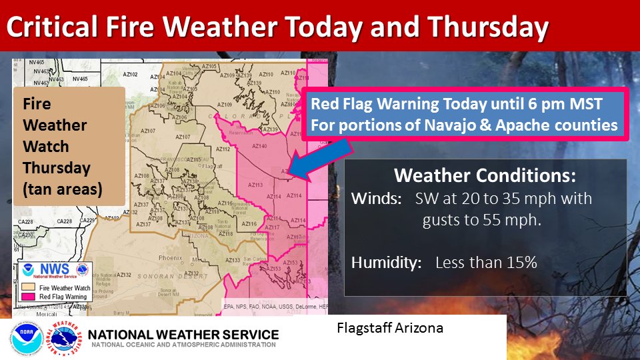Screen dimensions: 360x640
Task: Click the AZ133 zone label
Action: (234, 259)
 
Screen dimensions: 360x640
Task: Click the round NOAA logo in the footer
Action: (27, 338)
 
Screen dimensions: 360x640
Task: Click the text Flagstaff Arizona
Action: (390, 328)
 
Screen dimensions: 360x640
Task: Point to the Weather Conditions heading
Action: (485, 176)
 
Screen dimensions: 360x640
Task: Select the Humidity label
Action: (386, 263)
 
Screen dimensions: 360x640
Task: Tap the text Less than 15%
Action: (486, 263)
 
